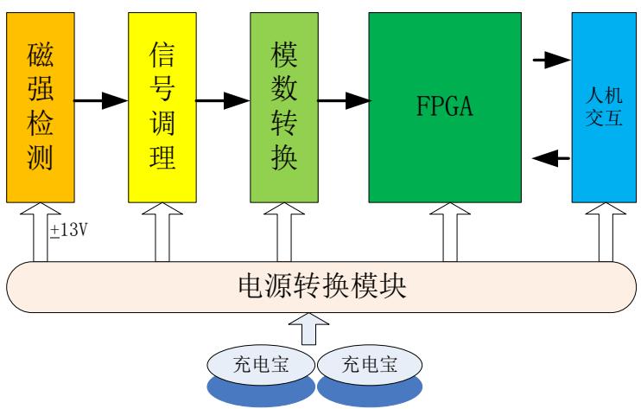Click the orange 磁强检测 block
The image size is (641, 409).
pyautogui.click(x=40, y=102)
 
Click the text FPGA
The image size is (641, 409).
pyautogui.click(x=445, y=108)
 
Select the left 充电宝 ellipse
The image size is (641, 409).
pyautogui.click(x=263, y=364)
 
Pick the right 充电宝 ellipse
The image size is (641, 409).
pyautogui.click(x=371, y=364)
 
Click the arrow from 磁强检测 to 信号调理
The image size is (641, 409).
pyautogui.click(x=100, y=101)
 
